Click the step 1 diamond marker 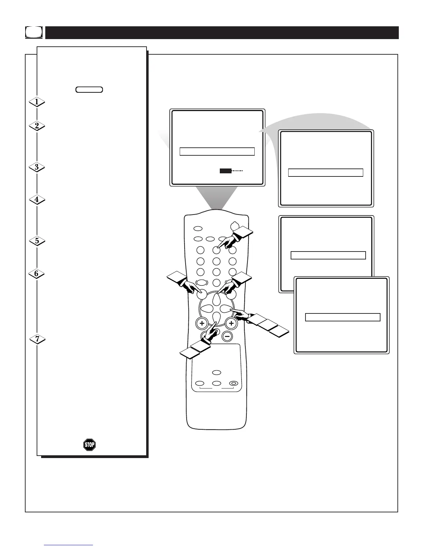click(x=37, y=102)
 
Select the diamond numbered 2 click(x=37, y=126)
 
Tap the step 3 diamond click(x=37, y=167)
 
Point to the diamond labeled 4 click(x=37, y=200)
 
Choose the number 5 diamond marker click(x=37, y=241)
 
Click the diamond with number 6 click(x=37, y=274)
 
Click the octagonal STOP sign click(x=89, y=445)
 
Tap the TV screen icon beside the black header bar click(x=34, y=33)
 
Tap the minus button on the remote click(x=227, y=336)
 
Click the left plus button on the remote click(x=201, y=324)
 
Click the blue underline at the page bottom click(x=68, y=545)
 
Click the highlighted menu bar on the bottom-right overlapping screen click(x=343, y=317)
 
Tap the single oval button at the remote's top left click(x=198, y=229)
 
